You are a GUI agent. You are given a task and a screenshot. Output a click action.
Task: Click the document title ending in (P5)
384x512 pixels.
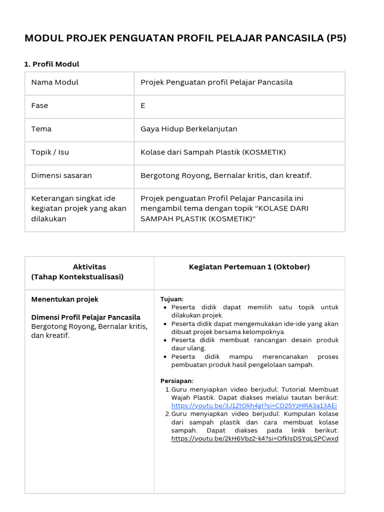pos(185,38)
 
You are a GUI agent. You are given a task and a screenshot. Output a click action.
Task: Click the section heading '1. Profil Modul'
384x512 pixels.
pos(52,64)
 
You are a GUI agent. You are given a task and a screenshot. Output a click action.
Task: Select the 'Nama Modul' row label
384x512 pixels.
pos(55,82)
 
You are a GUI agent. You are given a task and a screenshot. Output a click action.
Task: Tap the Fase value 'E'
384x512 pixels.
pos(143,106)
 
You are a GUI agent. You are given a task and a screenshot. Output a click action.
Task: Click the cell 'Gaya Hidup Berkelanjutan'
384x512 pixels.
pos(189,129)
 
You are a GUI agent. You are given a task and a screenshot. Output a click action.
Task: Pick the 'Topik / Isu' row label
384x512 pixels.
pos(50,152)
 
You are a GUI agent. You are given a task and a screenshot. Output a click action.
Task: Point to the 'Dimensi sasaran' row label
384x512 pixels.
pos(61,175)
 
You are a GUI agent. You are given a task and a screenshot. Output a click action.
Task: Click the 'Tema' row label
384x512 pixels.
pos(41,129)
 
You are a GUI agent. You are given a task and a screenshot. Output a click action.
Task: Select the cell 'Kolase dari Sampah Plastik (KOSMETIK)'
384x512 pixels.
pos(213,152)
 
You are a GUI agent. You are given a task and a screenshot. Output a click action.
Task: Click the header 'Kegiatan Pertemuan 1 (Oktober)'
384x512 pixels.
pos(249,267)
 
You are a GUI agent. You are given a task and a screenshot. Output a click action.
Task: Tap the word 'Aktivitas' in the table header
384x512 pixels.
pos(89,267)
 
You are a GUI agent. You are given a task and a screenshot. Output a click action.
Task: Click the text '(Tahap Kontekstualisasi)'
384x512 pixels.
pos(77,277)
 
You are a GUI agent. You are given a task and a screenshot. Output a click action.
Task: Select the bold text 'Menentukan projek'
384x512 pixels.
pos(65,299)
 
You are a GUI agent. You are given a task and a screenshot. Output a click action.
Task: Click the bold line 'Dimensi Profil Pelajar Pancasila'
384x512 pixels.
pos(86,317)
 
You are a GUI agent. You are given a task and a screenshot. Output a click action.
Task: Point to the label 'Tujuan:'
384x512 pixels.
pos(172,299)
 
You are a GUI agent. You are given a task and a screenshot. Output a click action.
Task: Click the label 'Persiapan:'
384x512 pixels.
pos(176,381)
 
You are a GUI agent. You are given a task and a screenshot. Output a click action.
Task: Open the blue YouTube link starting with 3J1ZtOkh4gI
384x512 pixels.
pos(254,406)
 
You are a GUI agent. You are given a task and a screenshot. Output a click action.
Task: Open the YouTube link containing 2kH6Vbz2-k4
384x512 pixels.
pos(254,439)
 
